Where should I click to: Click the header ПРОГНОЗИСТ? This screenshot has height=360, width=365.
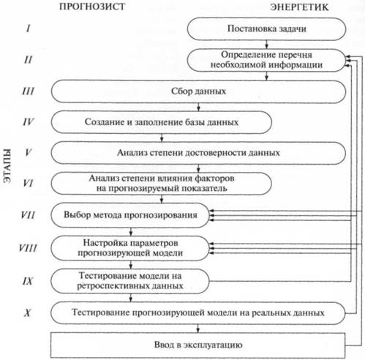(92, 7)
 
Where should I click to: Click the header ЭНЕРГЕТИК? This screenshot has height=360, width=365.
(299, 7)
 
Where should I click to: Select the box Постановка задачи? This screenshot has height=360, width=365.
(266, 29)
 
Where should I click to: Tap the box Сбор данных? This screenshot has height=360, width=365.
(198, 91)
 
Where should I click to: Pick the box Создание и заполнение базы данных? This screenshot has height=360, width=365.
(162, 122)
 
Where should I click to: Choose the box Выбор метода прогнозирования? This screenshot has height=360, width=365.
(130, 215)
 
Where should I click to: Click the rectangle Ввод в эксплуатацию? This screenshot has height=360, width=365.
(198, 345)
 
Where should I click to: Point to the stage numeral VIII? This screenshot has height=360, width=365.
(28, 248)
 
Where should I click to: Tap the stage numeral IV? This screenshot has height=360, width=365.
(29, 121)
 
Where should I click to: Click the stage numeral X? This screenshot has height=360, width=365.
(28, 312)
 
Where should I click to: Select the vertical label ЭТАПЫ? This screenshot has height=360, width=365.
(8, 165)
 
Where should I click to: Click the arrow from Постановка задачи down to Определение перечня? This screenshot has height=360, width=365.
(266, 45)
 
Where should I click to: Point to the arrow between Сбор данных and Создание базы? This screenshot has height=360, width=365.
(198, 107)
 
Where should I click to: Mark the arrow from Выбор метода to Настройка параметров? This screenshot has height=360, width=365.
(131, 231)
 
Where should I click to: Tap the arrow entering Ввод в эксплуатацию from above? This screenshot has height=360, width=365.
(198, 329)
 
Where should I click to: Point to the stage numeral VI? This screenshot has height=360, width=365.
(28, 183)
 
